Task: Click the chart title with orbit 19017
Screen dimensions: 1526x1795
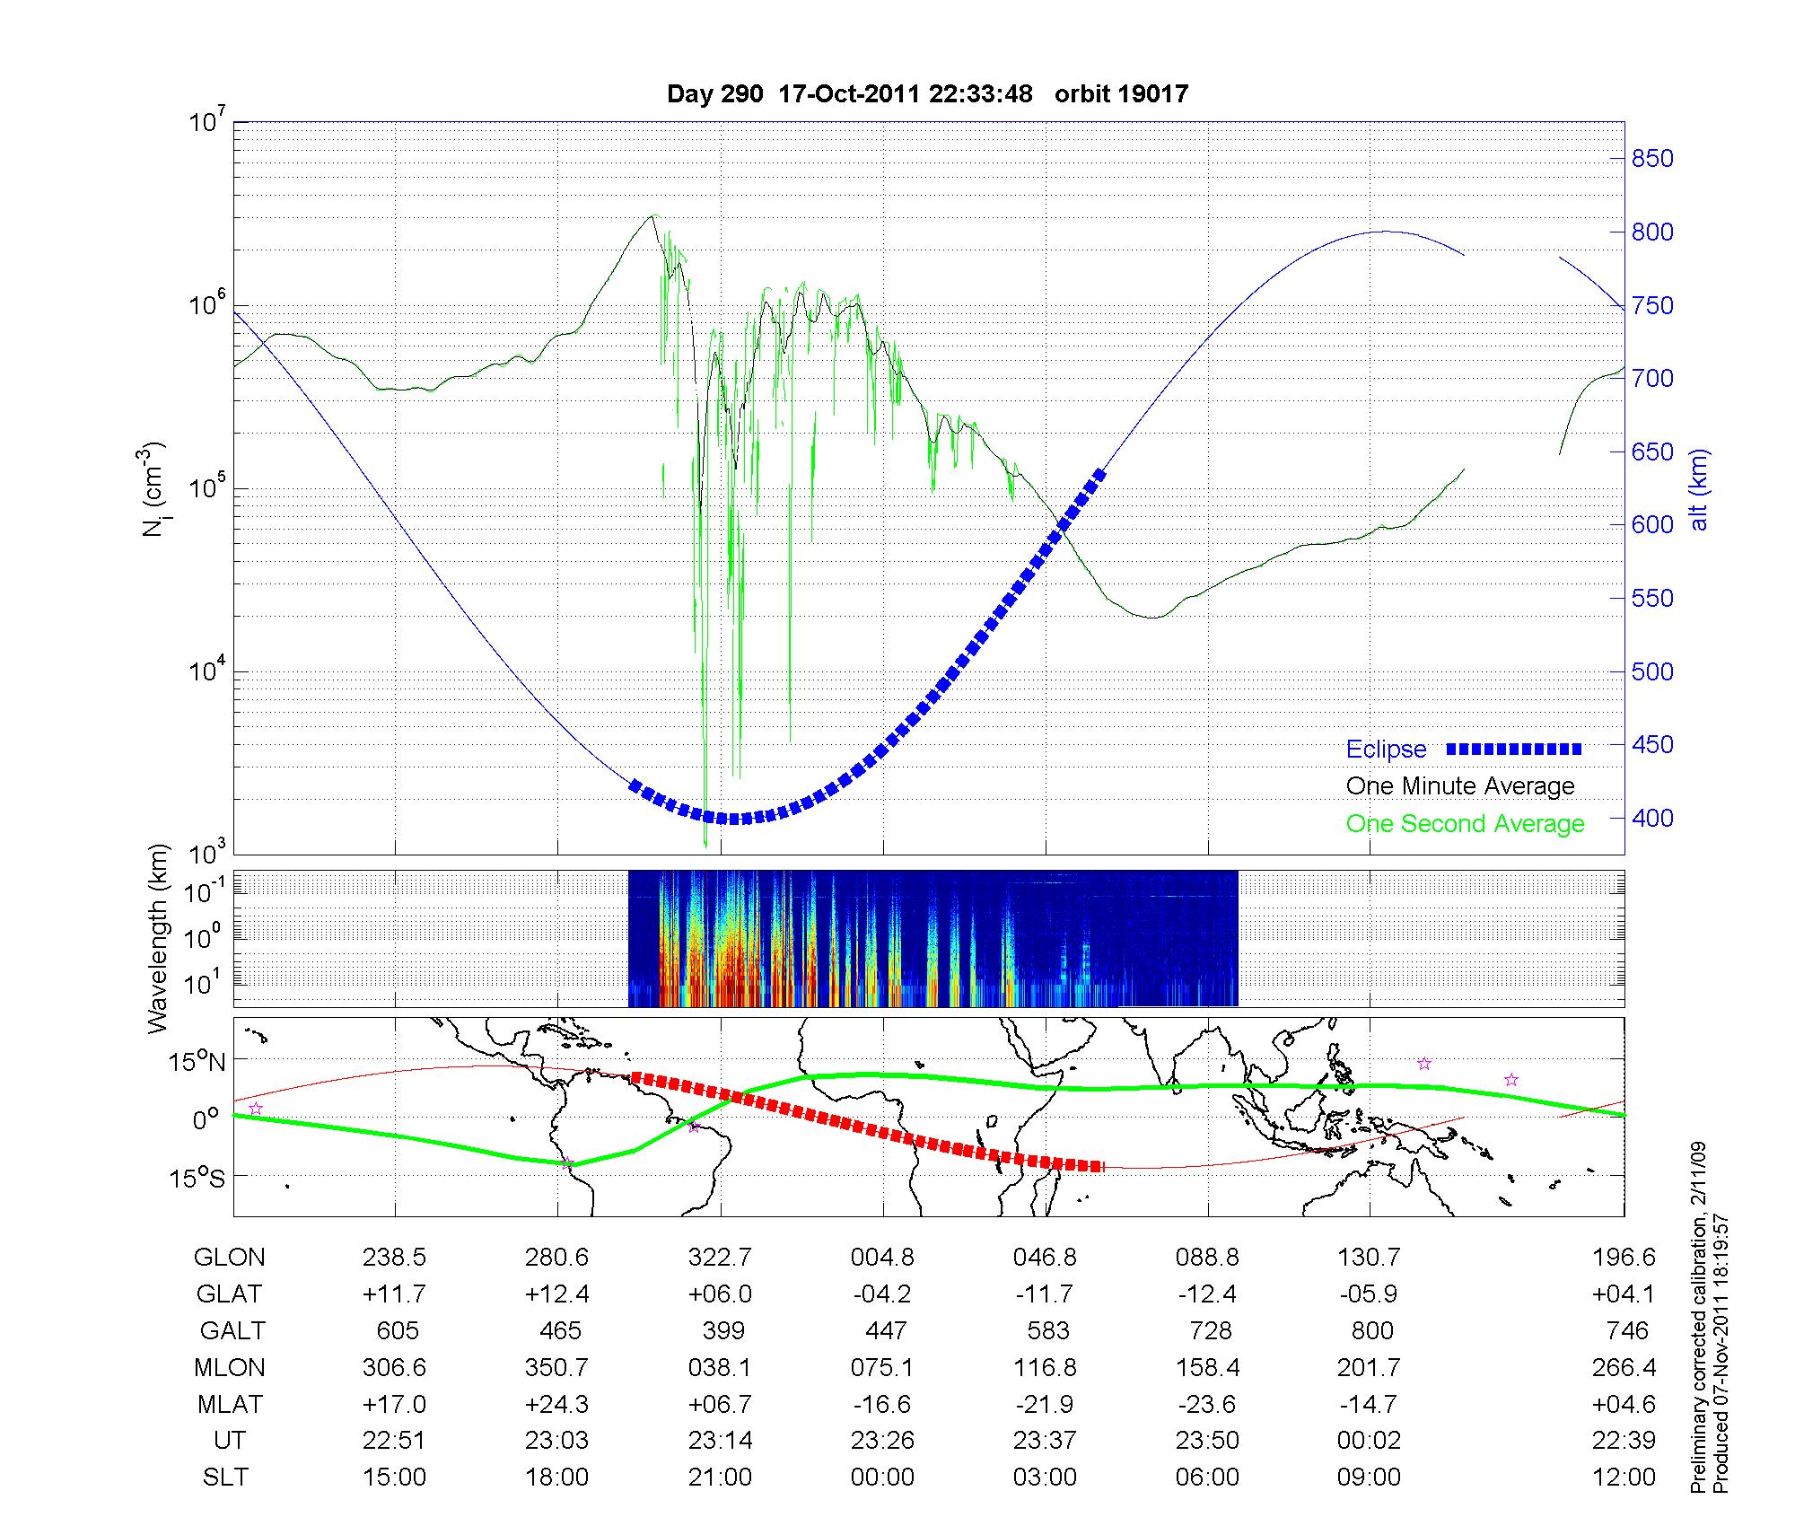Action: (x=927, y=93)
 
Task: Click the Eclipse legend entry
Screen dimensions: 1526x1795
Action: (x=1386, y=750)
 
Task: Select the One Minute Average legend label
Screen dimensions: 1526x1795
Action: (x=1460, y=786)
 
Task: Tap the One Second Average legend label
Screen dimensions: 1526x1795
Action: (x=1465, y=824)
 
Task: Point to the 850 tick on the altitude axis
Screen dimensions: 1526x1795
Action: (x=1652, y=159)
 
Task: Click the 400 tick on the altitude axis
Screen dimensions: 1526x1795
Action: (x=1652, y=818)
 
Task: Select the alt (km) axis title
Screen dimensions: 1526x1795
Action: (x=1699, y=490)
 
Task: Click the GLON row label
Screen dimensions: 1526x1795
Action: (x=230, y=1258)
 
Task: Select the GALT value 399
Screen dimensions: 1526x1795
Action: (x=723, y=1330)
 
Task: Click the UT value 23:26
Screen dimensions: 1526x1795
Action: (x=883, y=1441)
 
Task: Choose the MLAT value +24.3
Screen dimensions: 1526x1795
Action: (x=556, y=1404)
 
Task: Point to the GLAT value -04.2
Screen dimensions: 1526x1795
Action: (x=883, y=1294)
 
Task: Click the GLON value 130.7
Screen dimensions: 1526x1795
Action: (x=1369, y=1258)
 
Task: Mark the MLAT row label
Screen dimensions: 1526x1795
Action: (x=230, y=1404)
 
